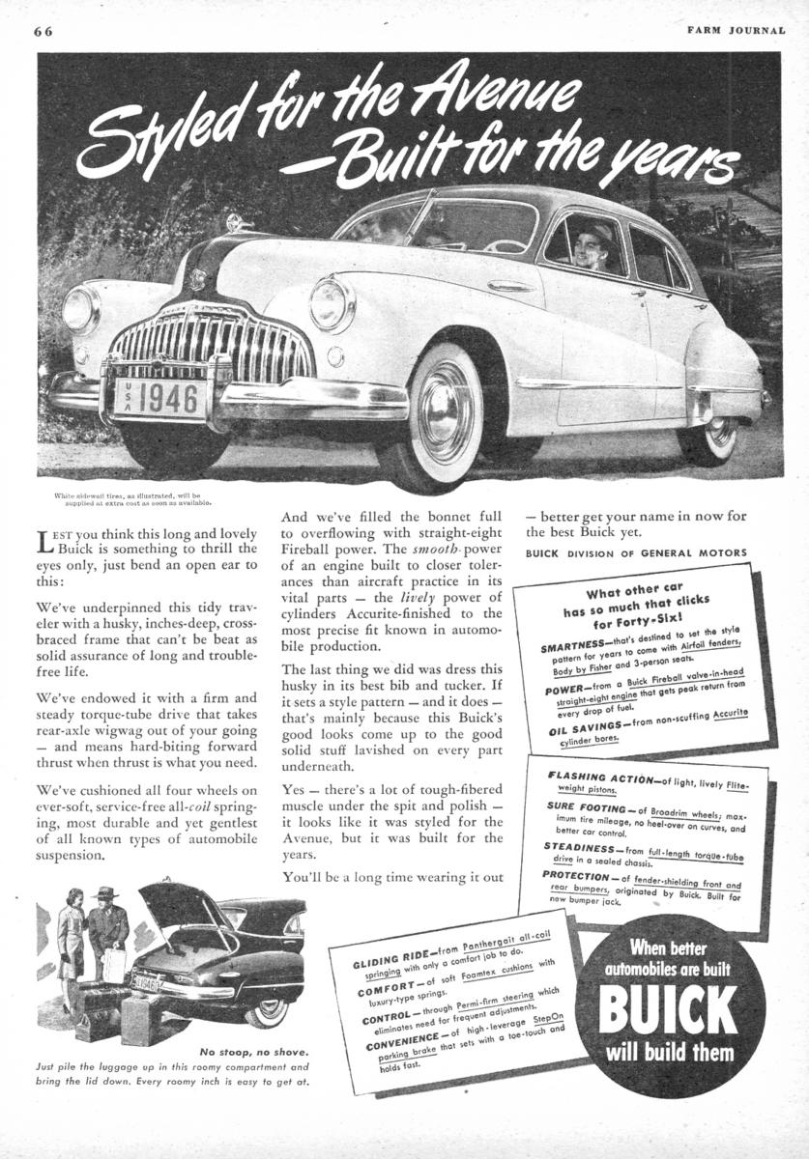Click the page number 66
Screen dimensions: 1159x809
(43, 30)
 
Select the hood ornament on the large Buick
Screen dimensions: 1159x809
(235, 222)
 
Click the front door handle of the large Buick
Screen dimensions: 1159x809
(510, 286)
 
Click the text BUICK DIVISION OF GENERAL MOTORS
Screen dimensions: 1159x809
(636, 553)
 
